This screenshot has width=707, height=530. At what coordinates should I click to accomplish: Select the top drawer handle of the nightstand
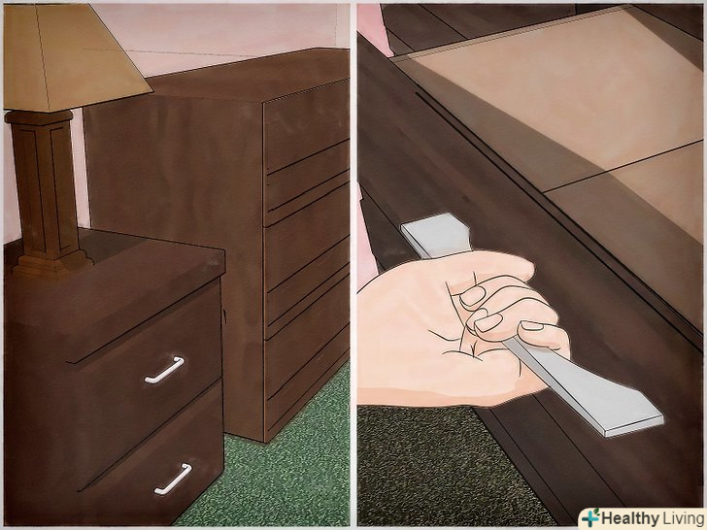[164, 370]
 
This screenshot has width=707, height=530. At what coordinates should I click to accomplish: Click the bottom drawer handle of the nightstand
[173, 479]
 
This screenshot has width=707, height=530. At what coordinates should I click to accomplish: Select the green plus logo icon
[591, 517]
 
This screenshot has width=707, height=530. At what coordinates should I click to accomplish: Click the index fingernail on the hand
[472, 297]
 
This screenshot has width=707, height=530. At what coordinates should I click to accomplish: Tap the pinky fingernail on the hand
[532, 325]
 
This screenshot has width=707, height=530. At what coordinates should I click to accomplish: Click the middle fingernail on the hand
[488, 322]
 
